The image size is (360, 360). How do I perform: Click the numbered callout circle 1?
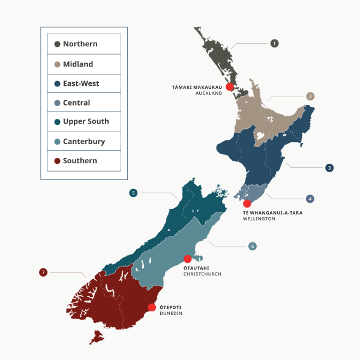tap(274, 43)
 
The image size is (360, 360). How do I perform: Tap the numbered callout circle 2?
tap(310, 96)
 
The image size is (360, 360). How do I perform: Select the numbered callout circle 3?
tap(329, 168)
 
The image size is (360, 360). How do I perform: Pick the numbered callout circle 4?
tap(310, 199)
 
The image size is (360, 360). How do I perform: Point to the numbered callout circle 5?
tap(133, 193)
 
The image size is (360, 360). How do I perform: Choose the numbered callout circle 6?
tap(253, 246)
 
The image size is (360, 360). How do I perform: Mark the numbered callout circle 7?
tap(43, 272)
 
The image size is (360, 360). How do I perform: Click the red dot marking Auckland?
tap(229, 88)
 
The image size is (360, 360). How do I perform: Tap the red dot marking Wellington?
tap(247, 204)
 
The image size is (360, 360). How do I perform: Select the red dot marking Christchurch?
tap(187, 259)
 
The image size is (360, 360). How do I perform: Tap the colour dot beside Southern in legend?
tap(57, 161)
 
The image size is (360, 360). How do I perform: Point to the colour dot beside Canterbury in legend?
tap(57, 142)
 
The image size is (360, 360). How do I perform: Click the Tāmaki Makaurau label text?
tap(197, 88)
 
